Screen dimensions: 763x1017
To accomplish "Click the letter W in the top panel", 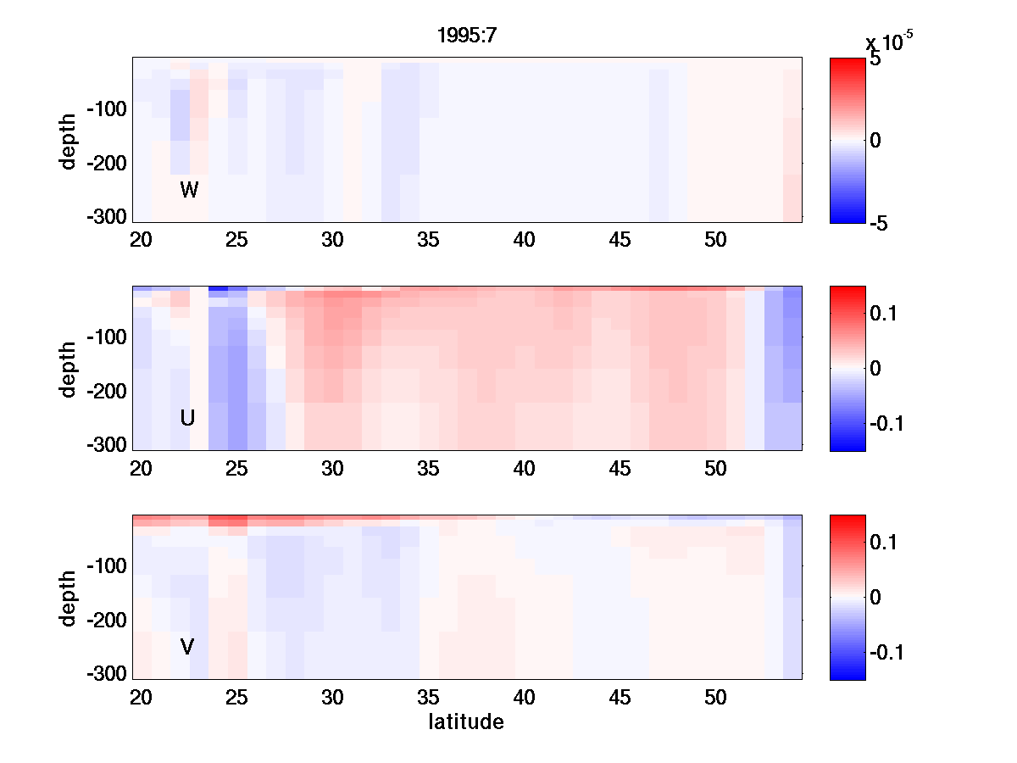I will click(189, 190).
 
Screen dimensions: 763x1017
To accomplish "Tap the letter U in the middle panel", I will click(188, 418).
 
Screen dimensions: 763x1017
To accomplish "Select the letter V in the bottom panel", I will click(187, 647).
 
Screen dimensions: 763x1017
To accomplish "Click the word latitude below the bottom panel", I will click(465, 722).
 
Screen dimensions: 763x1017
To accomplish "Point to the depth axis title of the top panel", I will click(69, 140).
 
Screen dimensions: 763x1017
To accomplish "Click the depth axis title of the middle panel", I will click(69, 369).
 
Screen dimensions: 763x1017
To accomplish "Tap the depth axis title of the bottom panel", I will click(69, 598).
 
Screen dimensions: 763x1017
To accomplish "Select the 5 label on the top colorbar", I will click(875, 60).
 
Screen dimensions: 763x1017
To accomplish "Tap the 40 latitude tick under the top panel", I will click(525, 240).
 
